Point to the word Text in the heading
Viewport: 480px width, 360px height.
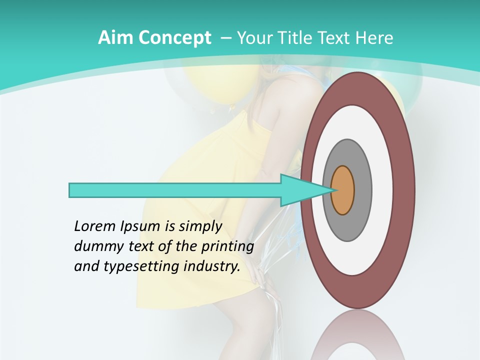[x=336, y=38]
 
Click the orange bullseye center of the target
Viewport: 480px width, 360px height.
[x=343, y=190]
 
